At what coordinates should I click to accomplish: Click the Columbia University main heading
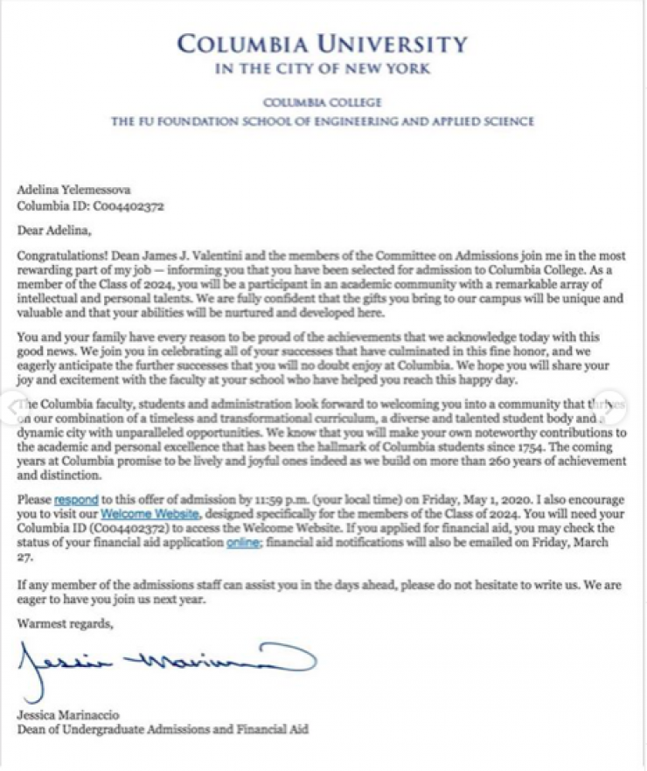322,44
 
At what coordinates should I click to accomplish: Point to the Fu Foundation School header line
322,122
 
